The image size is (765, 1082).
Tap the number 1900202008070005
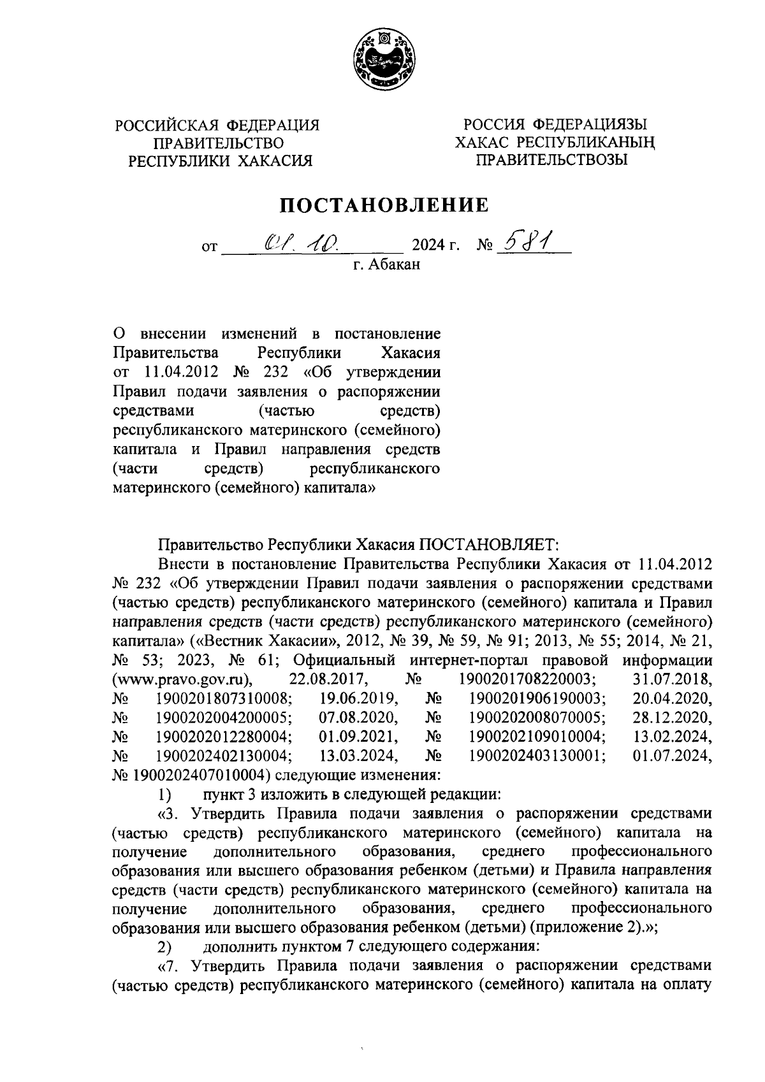click(537, 717)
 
